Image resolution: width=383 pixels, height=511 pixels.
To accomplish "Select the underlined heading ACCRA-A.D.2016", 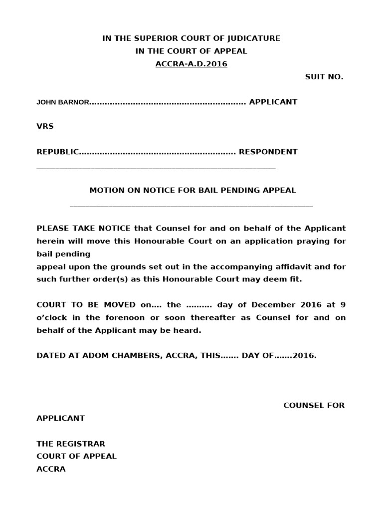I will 191,64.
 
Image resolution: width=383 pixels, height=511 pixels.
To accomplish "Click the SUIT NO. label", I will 324,77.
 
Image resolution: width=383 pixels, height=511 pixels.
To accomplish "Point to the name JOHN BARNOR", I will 63,102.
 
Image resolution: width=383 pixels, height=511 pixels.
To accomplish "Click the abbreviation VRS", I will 45,126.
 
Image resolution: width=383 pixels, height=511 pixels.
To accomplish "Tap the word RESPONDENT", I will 268,152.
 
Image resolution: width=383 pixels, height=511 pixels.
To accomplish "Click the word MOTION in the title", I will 105,190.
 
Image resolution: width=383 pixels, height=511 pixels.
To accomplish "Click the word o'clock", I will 50,317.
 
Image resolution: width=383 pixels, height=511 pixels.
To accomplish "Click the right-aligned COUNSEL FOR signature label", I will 314,405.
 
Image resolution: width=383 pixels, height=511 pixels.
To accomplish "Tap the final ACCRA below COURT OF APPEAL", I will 51,469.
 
